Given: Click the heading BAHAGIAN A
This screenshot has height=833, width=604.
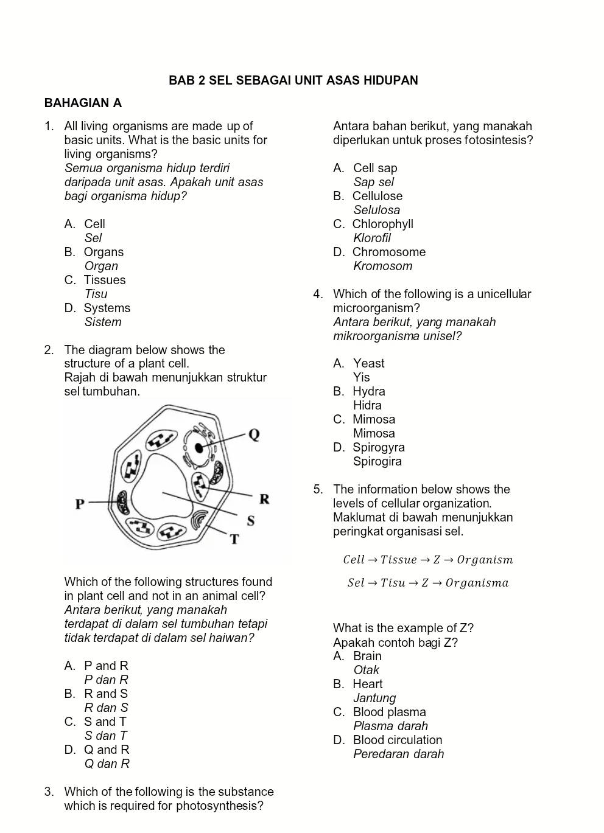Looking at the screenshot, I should point(83,103).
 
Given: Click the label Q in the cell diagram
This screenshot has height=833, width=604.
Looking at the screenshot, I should point(254,434).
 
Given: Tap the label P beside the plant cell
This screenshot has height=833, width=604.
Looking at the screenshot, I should point(80,504).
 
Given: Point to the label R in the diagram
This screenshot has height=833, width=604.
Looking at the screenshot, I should point(264,499).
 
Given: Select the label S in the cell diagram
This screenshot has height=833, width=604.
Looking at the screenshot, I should point(250,521).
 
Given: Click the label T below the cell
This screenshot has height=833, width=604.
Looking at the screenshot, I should point(234,539).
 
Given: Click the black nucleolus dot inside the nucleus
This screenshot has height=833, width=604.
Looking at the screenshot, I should point(198,448).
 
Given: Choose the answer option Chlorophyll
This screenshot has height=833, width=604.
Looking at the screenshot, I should point(382,224).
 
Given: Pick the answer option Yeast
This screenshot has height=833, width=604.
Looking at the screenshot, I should point(368,363).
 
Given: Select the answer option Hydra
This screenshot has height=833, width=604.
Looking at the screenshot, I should point(368,391).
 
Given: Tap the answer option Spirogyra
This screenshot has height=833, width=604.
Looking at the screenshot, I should point(378,447).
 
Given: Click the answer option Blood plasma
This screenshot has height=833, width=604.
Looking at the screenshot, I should point(389,712).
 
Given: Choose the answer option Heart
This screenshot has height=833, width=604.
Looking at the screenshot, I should point(367,684).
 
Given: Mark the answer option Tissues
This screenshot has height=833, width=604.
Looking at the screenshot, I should point(104,280).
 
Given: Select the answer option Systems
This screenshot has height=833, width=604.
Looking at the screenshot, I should point(107,308).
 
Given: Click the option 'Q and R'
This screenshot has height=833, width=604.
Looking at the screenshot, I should point(107,750).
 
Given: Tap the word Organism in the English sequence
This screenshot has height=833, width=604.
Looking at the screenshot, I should point(485,560).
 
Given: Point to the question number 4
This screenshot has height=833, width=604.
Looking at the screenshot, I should point(318,295).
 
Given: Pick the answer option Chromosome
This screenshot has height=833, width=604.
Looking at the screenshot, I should point(388,252).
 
